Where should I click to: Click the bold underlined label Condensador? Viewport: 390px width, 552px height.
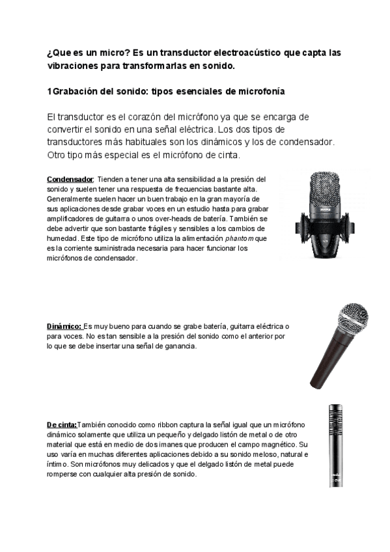pyautogui.click(x=70, y=179)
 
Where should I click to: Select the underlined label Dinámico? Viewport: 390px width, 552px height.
pyautogui.click(x=64, y=325)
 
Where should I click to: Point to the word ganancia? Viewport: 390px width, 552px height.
pyautogui.click(x=177, y=346)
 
